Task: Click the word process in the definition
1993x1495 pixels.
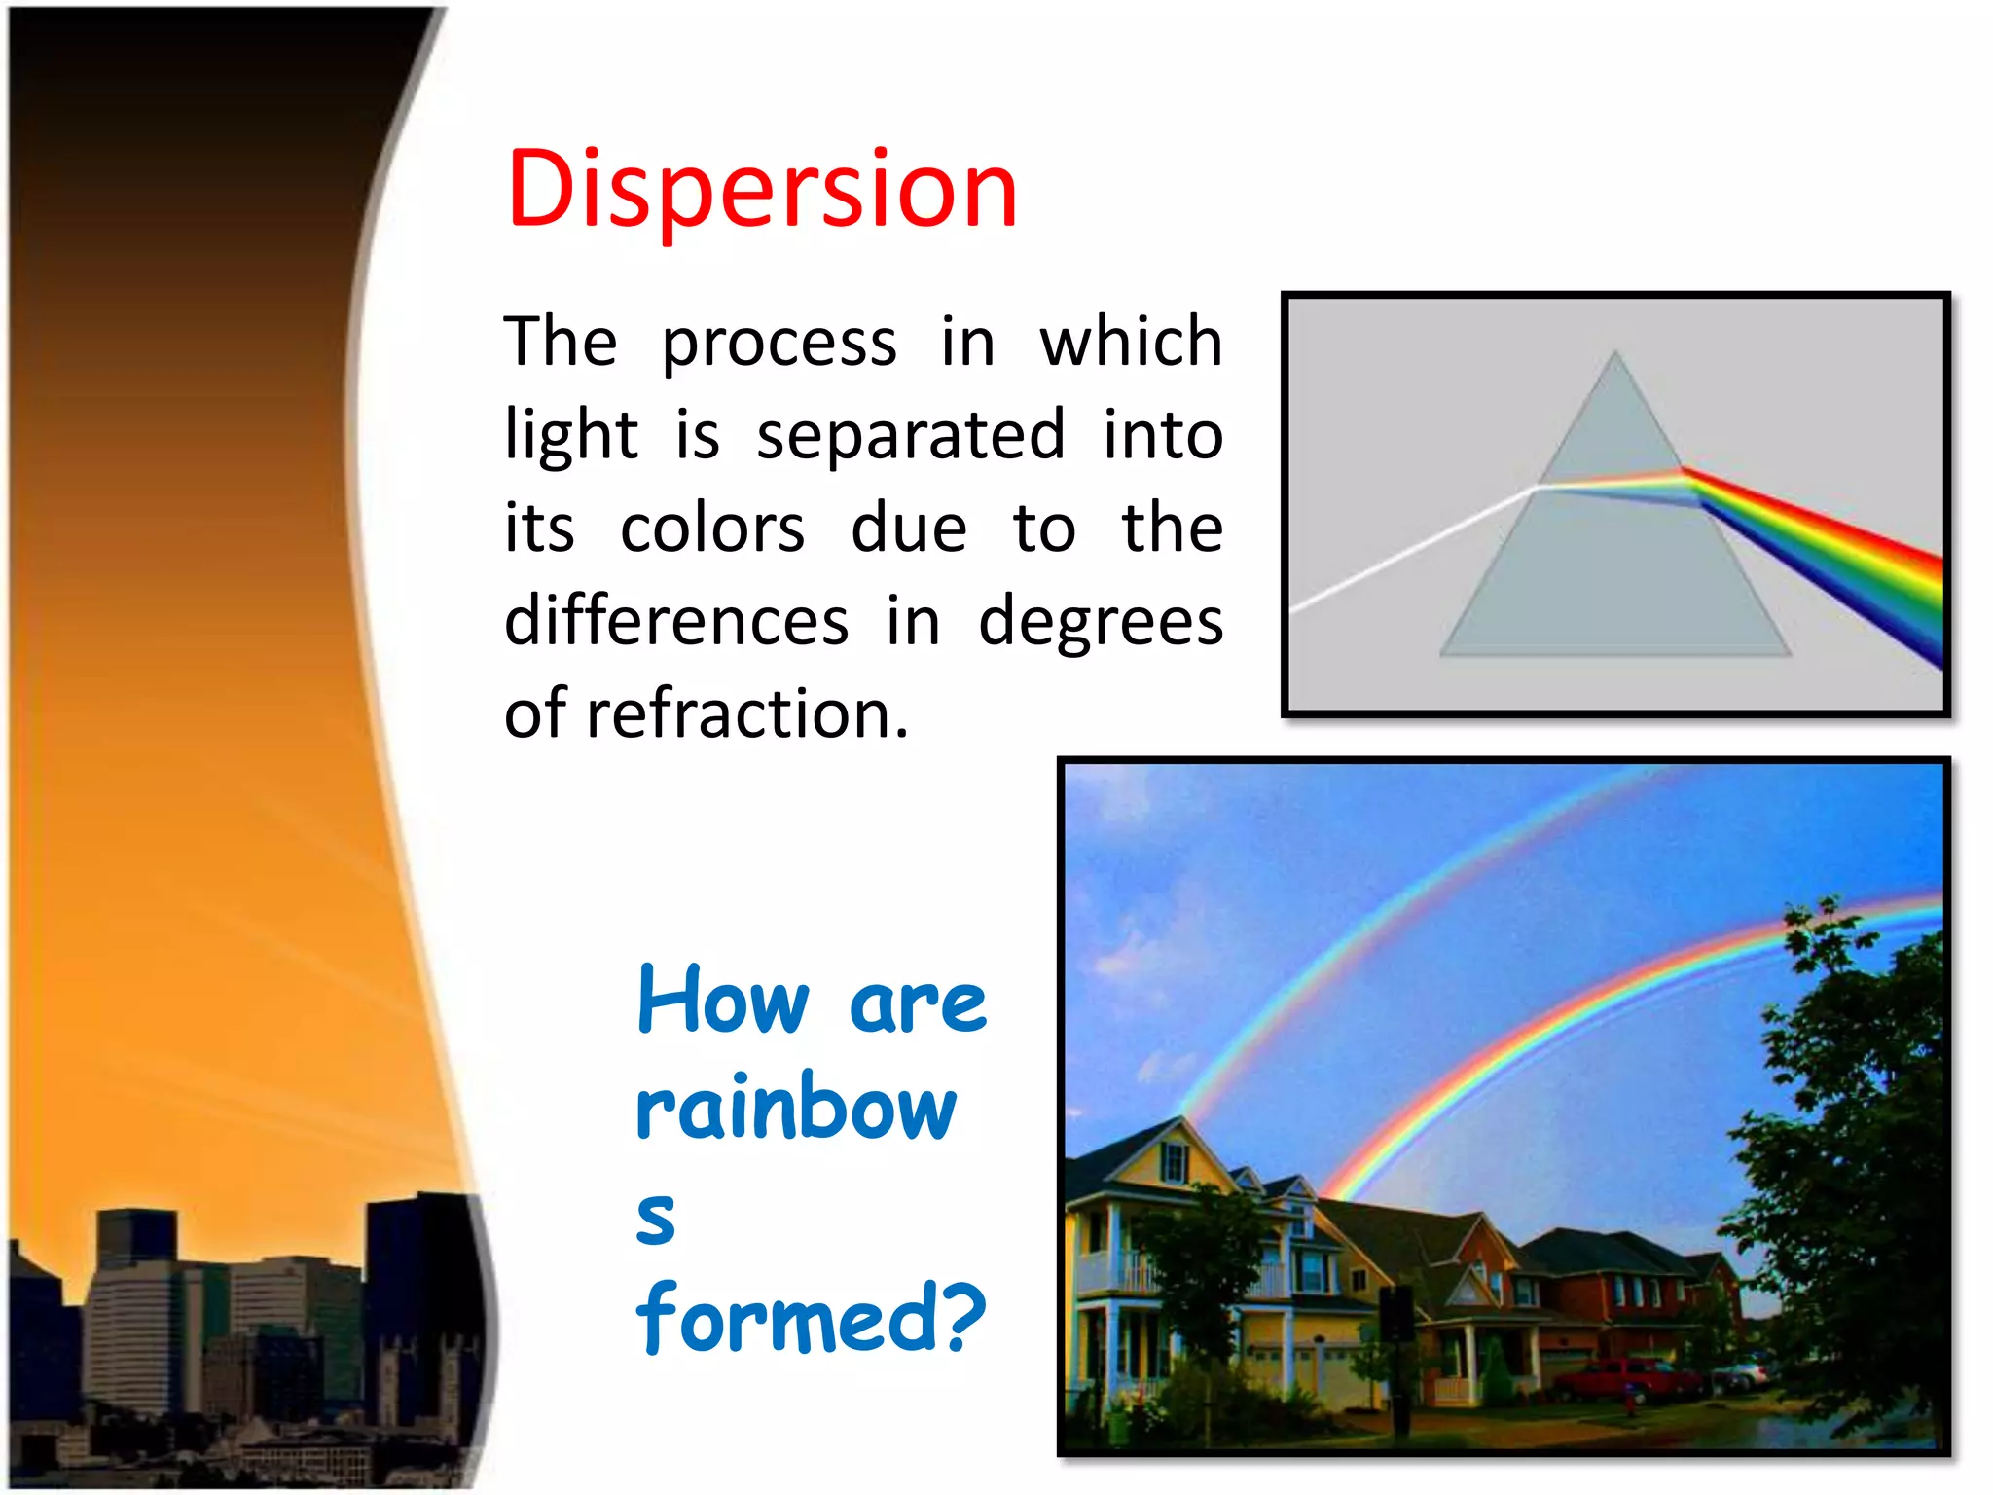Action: click(779, 343)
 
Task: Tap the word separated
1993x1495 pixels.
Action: click(911, 435)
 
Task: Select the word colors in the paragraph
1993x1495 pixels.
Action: click(712, 529)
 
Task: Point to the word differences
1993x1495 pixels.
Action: click(676, 621)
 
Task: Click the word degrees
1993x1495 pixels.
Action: click(1101, 621)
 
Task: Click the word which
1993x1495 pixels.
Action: click(1131, 343)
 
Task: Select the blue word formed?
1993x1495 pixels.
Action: click(811, 1319)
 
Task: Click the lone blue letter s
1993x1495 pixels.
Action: click(656, 1217)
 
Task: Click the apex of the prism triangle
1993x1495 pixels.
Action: click(1614, 354)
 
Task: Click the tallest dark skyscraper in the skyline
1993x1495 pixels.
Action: click(418, 1294)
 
